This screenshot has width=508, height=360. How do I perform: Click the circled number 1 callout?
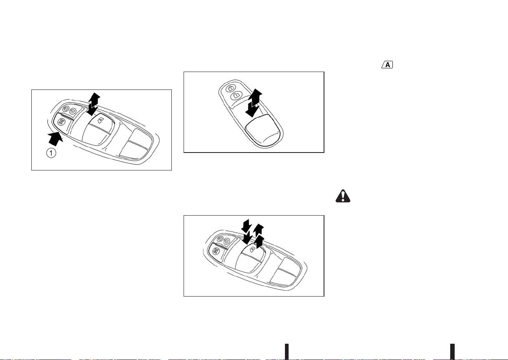[51, 153]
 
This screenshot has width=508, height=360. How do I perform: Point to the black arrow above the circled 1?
[55, 139]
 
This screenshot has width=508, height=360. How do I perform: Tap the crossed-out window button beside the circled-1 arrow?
[61, 122]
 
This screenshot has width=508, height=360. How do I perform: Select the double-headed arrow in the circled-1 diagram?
[94, 104]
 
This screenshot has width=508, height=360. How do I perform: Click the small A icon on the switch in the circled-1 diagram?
[100, 120]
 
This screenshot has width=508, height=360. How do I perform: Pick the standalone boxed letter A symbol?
[387, 65]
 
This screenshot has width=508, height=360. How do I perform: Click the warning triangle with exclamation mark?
[343, 196]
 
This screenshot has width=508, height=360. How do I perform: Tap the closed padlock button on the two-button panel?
[231, 88]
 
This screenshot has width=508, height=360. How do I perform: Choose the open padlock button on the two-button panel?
[236, 96]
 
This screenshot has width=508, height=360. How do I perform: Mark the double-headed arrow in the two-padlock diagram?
[254, 103]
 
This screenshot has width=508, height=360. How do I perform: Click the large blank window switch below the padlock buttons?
[263, 130]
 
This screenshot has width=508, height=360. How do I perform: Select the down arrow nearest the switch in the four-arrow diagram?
[247, 238]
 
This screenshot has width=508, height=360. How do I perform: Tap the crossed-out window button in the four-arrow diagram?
[215, 251]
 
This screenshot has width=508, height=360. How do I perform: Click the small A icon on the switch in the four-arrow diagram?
[252, 250]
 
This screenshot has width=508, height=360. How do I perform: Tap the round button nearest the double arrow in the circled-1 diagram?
[72, 111]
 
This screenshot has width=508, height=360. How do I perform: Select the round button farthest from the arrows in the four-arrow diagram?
[220, 239]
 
